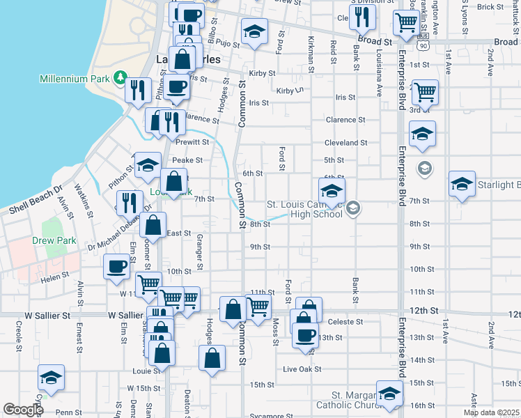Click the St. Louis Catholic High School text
click(x=305, y=209)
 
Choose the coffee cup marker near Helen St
click(x=116, y=265)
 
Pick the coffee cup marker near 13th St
click(x=304, y=334)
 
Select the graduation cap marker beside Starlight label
click(x=462, y=184)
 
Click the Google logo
click(x=23, y=410)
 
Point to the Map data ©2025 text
click(x=491, y=412)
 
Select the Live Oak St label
click(x=300, y=368)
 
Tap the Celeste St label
click(x=345, y=321)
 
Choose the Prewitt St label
click(x=192, y=142)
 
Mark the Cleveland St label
click(x=345, y=143)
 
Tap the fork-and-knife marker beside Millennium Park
click(x=139, y=89)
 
